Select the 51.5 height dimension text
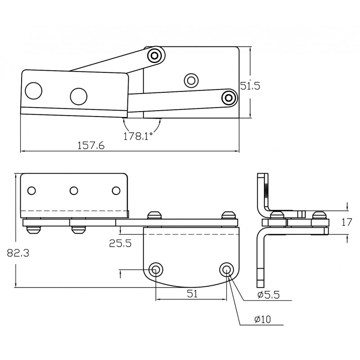pyautogui.click(x=250, y=86)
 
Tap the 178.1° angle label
pyautogui.click(x=138, y=136)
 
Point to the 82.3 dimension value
pyautogui.click(x=18, y=253)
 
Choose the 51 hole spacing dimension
pyautogui.click(x=193, y=294)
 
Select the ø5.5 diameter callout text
pyautogui.click(x=268, y=295)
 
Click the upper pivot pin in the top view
pyautogui.click(x=155, y=56)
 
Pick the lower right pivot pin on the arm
pyautogui.click(x=229, y=97)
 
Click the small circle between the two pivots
pyautogui.click(x=191, y=81)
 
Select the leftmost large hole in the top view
pyautogui.click(x=33, y=91)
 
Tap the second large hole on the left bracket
pyautogui.click(x=78, y=95)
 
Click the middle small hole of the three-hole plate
pyautogui.click(x=74, y=191)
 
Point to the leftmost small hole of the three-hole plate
pyautogui.click(x=31, y=191)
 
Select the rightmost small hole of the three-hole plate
pyautogui.click(x=117, y=191)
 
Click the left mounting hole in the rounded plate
pyautogui.click(x=156, y=270)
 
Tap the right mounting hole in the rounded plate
pyautogui.click(x=226, y=270)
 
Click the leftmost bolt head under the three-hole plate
pyautogui.click(x=33, y=229)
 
